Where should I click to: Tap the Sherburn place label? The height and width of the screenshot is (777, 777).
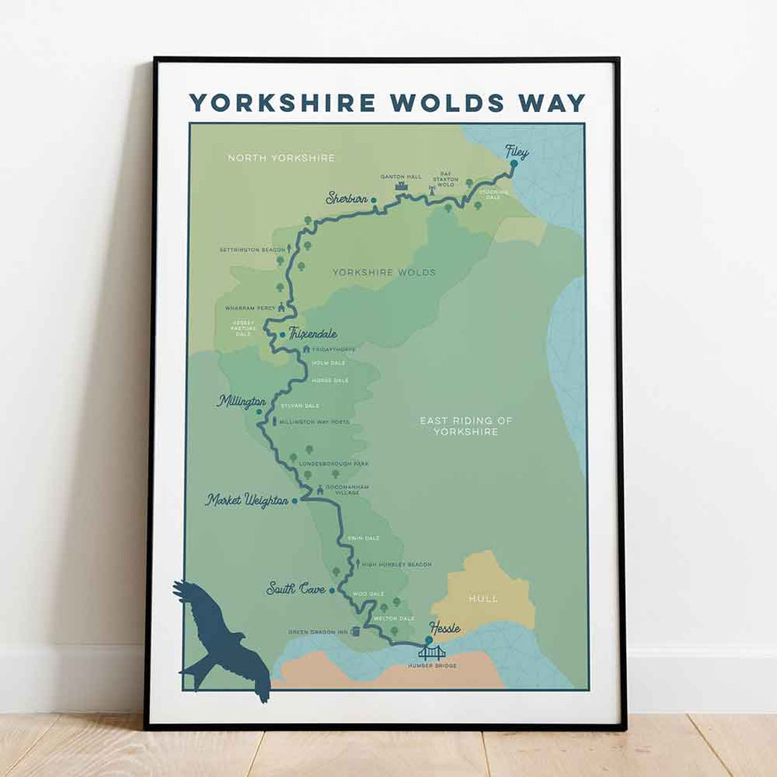point(347,199)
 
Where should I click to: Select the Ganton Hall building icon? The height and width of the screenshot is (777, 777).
point(402,188)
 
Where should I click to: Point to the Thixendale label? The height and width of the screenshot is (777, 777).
point(313,334)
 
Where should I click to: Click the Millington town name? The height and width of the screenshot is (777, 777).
point(242,402)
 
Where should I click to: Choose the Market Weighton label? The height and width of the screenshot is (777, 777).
point(247,500)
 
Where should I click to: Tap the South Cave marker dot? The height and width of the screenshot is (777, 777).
point(332,590)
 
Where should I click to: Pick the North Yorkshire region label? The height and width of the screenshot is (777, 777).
point(281,158)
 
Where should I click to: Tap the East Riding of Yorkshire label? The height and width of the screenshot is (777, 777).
point(466,426)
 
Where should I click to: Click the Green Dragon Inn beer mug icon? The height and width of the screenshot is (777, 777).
point(356,632)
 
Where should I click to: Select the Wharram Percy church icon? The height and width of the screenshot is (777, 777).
point(281,308)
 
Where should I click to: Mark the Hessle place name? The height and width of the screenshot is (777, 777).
point(444,628)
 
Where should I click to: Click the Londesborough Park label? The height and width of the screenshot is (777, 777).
point(334,464)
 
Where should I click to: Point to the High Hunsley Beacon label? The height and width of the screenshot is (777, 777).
point(397,564)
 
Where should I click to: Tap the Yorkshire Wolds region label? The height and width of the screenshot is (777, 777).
point(384,273)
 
